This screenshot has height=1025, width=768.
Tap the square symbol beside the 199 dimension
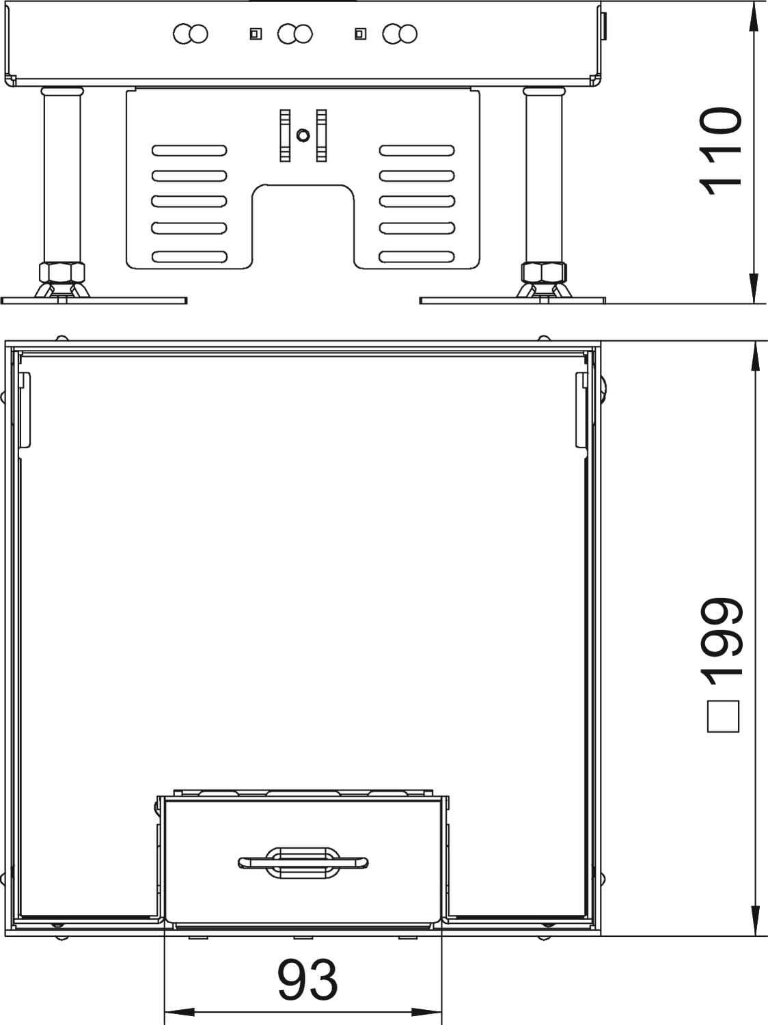(x=723, y=716)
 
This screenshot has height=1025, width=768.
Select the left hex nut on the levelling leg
(x=62, y=272)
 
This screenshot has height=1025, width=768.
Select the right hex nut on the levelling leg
(x=544, y=272)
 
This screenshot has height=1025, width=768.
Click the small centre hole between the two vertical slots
(x=303, y=135)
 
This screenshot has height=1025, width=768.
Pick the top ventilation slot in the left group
(x=189, y=150)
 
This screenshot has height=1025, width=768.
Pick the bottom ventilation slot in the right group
(x=417, y=257)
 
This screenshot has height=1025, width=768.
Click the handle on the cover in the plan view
(x=303, y=862)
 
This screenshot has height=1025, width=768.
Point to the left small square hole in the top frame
(x=256, y=33)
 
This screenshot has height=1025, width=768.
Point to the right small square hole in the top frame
(x=360, y=33)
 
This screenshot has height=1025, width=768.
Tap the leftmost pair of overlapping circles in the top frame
(x=191, y=33)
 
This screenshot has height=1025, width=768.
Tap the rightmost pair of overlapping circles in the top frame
(x=400, y=33)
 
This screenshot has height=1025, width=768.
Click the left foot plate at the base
(x=94, y=301)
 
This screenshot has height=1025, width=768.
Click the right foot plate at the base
(x=512, y=301)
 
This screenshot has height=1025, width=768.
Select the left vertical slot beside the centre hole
(x=285, y=136)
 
